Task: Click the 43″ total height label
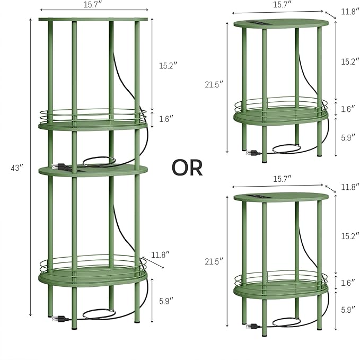pyautogui.click(x=17, y=168)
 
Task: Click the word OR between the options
pyautogui.click(x=187, y=168)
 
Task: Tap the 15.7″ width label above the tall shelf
pyautogui.click(x=93, y=5)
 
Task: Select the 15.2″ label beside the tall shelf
pyautogui.click(x=168, y=66)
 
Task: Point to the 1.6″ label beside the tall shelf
pyautogui.click(x=166, y=119)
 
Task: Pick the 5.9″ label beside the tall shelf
pyautogui.click(x=166, y=301)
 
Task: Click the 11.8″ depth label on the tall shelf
pyautogui.click(x=161, y=254)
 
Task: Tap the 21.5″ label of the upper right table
pyautogui.click(x=214, y=84)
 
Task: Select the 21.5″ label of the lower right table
pyautogui.click(x=214, y=261)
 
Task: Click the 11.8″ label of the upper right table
pyautogui.click(x=350, y=12)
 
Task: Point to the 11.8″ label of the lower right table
pyautogui.click(x=350, y=187)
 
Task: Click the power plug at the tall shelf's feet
pyautogui.click(x=60, y=319)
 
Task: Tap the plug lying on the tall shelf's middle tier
pyautogui.click(x=59, y=166)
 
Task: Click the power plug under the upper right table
pyautogui.click(x=253, y=153)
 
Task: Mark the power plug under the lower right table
pyautogui.click(x=253, y=326)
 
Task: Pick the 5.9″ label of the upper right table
pyautogui.click(x=348, y=137)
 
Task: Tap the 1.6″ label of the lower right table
pyautogui.click(x=348, y=283)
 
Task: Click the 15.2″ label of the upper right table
pyautogui.click(x=350, y=62)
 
